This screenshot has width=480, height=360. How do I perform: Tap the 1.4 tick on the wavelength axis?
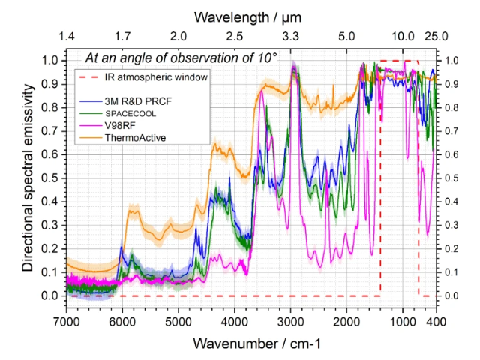tap(66, 36)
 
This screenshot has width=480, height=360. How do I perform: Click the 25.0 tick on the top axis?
tap(437, 36)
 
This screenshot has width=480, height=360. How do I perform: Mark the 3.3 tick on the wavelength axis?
tap(290, 36)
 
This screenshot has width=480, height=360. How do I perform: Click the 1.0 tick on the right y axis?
tap(451, 60)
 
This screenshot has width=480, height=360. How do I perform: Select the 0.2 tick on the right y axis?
tap(451, 249)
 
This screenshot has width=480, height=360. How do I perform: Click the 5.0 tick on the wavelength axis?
tap(346, 36)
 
